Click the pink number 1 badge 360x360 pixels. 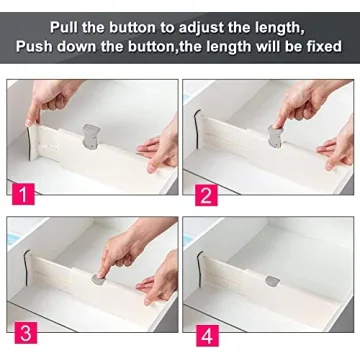21,187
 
